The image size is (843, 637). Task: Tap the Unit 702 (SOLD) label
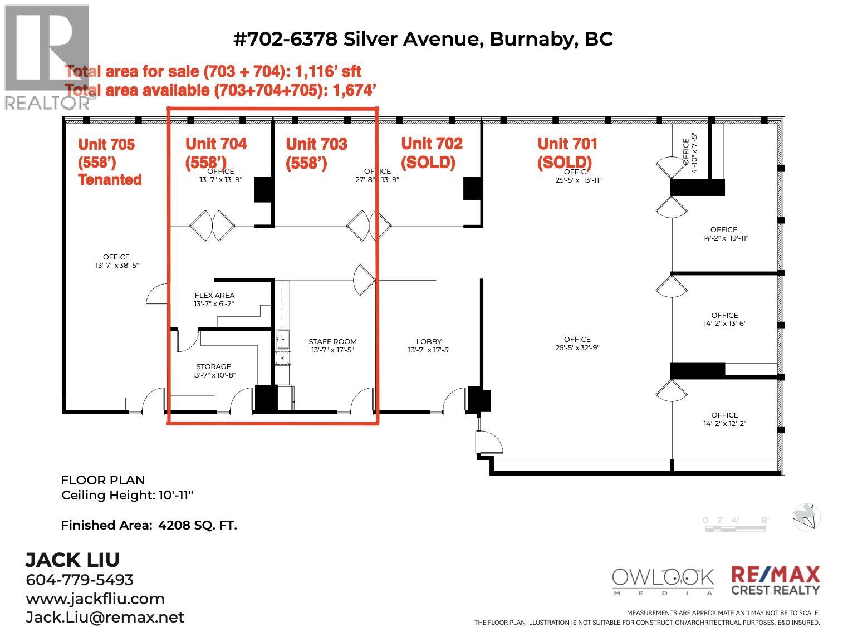click(432, 153)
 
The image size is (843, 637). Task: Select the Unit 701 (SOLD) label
click(567, 153)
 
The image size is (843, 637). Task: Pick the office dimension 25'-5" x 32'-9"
click(577, 348)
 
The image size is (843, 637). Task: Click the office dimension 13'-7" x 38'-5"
click(116, 266)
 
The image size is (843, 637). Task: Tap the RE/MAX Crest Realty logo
click(775, 580)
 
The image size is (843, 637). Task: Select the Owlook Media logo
click(663, 581)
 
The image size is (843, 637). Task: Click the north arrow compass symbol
click(807, 516)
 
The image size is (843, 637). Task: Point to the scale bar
click(736, 524)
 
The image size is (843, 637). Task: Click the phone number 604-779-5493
click(80, 580)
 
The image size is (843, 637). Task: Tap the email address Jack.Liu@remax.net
click(105, 618)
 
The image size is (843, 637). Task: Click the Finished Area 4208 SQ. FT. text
click(149, 525)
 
